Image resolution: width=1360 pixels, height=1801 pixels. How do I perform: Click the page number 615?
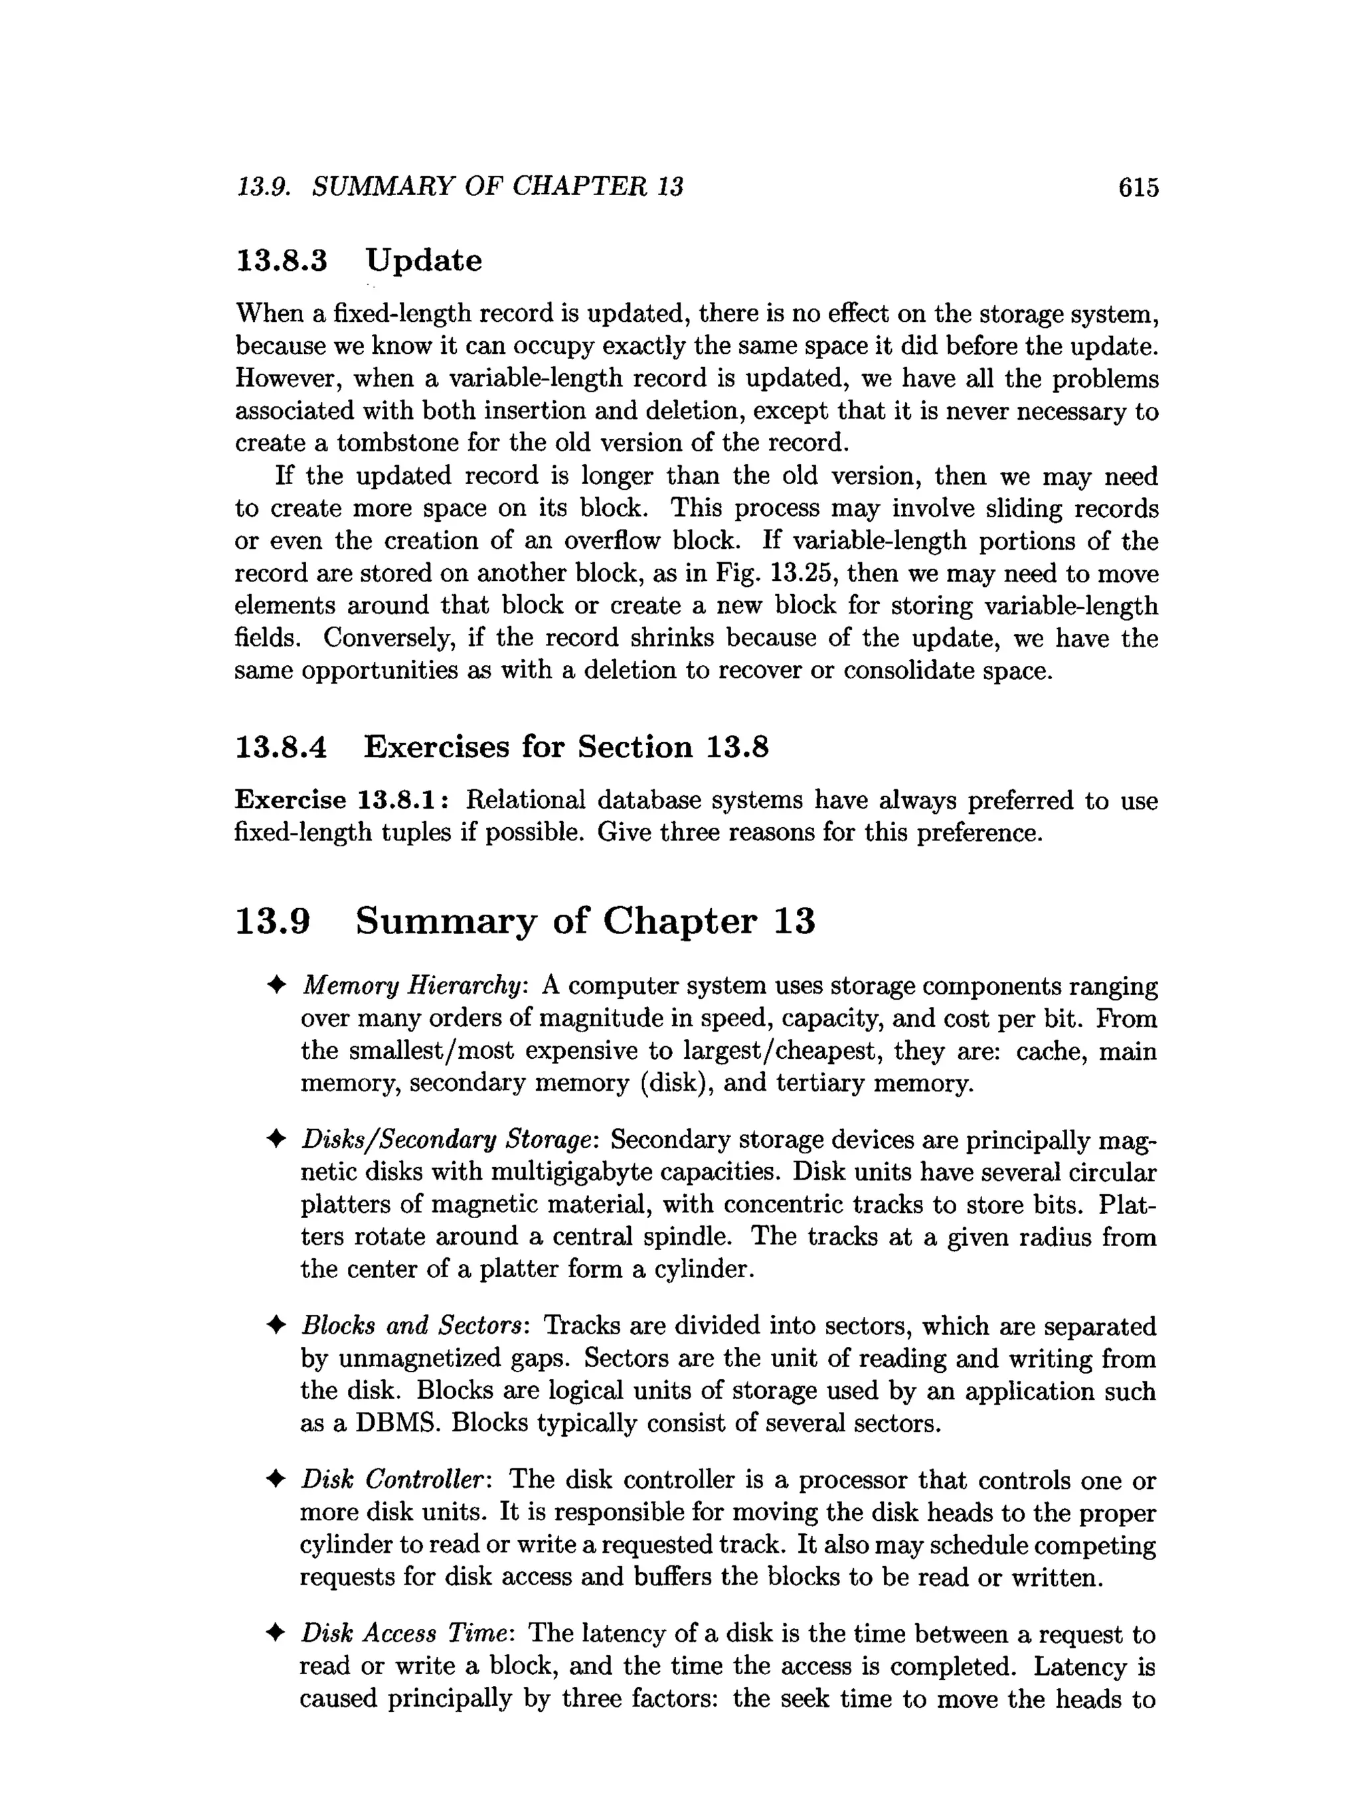(1138, 188)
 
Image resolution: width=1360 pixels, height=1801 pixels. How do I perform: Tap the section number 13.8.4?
(281, 747)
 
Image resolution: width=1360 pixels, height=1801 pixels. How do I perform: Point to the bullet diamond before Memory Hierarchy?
(276, 986)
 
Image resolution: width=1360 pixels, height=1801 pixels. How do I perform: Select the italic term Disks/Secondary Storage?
(446, 1140)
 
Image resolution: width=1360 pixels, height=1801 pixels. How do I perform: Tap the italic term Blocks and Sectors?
(413, 1326)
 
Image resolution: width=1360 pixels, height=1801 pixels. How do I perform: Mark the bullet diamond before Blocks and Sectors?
(276, 1326)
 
